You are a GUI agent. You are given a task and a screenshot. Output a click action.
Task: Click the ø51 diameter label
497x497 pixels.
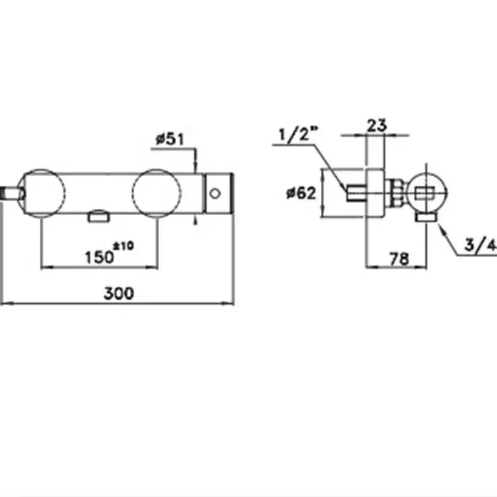point(170,139)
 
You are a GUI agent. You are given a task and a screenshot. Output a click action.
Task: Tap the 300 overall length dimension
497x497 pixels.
point(119,293)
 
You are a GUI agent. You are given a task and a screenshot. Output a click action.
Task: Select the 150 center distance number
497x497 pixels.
point(99,257)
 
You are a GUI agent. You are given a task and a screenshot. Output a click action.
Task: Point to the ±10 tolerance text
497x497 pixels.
point(124,246)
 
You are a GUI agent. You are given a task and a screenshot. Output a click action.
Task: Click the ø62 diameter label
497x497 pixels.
point(301,193)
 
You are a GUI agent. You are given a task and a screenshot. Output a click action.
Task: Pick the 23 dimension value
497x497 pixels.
point(377,125)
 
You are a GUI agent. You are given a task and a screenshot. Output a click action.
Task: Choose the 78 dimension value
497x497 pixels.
point(399,259)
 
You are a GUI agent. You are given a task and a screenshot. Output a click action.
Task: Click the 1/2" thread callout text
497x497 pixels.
point(298,133)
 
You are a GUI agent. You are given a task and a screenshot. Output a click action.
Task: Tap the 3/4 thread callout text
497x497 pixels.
point(481,245)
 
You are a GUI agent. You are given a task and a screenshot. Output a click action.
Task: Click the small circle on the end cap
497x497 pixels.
point(215,194)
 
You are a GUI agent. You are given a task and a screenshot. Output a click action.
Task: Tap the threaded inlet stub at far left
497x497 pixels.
point(12,194)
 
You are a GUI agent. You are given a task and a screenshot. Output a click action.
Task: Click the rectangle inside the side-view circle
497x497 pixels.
point(425,193)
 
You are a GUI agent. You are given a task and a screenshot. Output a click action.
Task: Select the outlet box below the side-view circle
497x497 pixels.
point(427,217)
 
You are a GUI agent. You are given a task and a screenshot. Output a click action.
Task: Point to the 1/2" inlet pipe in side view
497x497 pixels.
point(356,193)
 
